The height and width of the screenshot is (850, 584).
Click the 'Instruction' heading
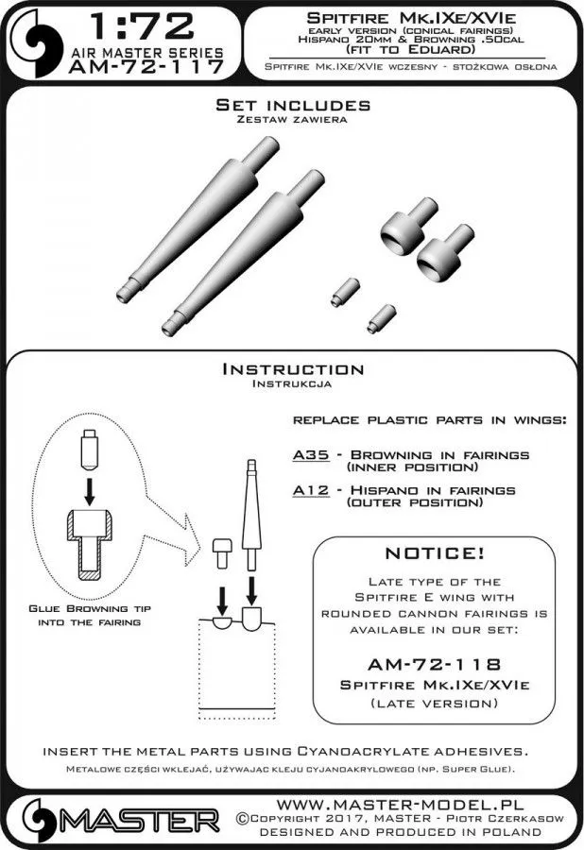[x=292, y=369]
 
